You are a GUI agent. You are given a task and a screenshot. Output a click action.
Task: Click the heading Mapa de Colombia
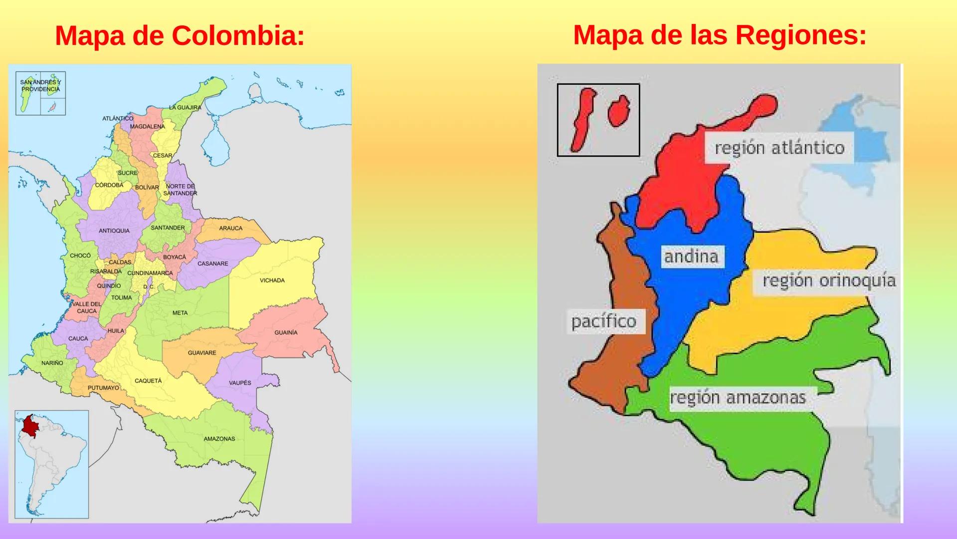click(x=180, y=36)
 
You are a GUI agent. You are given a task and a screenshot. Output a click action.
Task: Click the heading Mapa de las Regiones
click(x=720, y=35)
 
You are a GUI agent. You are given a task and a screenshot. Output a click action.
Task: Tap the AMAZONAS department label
click(x=219, y=439)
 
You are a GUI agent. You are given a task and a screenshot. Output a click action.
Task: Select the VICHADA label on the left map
click(x=272, y=280)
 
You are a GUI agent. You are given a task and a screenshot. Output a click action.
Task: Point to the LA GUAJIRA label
click(x=185, y=107)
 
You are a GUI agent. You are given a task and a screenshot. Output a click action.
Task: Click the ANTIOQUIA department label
click(x=114, y=231)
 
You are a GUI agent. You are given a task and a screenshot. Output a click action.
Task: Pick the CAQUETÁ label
click(x=148, y=381)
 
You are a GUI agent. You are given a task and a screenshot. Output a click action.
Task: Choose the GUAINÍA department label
click(x=286, y=332)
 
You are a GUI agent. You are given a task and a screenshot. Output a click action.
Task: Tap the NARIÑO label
click(x=52, y=363)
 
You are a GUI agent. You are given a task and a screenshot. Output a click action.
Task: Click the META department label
click(x=180, y=313)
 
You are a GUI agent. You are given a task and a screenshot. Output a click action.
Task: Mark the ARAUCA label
click(x=230, y=228)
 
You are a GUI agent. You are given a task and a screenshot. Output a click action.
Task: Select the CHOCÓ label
click(x=80, y=256)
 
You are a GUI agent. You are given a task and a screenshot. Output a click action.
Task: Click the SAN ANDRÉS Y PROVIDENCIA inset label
click(x=40, y=85)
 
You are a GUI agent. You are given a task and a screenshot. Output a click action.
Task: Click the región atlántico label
click(x=779, y=148)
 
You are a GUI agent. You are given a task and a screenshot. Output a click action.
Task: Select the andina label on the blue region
click(x=691, y=257)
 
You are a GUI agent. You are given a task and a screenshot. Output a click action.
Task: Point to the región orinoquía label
click(x=829, y=281)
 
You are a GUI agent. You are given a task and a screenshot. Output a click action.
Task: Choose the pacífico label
click(x=604, y=321)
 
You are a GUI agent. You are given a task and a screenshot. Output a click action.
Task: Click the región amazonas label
click(x=738, y=398)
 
